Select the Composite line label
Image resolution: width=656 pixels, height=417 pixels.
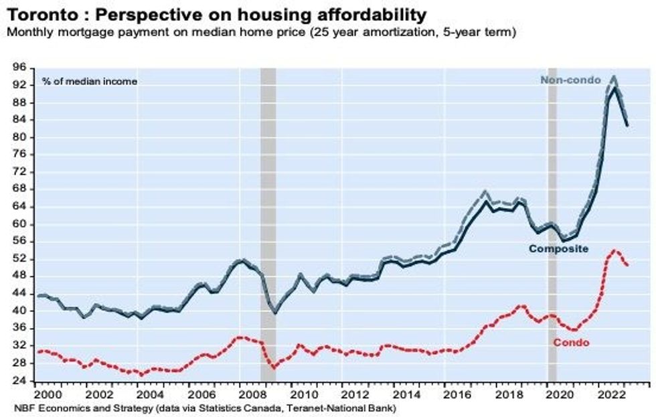pyautogui.click(x=558, y=249)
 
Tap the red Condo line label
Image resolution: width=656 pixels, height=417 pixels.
pyautogui.click(x=571, y=343)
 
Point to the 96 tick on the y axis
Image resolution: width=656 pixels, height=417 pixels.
pyautogui.click(x=20, y=68)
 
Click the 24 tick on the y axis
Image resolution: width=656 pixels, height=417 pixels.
pyautogui.click(x=20, y=381)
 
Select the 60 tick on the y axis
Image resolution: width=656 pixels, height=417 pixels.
pyautogui.click(x=20, y=224)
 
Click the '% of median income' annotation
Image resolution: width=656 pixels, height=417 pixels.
pyautogui.click(x=89, y=82)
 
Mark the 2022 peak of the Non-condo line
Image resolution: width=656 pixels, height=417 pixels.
pyautogui.click(x=614, y=77)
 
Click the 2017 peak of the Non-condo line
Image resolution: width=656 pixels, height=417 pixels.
pyautogui.click(x=485, y=191)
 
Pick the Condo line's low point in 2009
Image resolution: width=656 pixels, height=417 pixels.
pyautogui.click(x=272, y=367)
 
